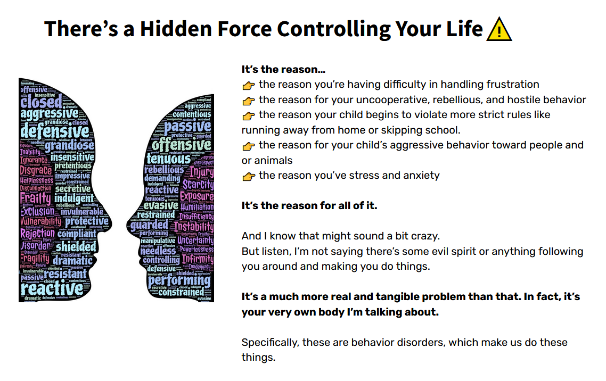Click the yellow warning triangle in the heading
[499, 29]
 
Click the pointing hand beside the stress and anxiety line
[248, 176]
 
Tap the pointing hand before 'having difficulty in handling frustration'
[248, 85]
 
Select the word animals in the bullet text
[273, 160]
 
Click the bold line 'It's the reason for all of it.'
[309, 206]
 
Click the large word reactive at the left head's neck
[52, 288]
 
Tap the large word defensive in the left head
[54, 131]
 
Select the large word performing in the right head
[179, 280]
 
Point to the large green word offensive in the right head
[182, 145]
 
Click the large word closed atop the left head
[41, 101]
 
